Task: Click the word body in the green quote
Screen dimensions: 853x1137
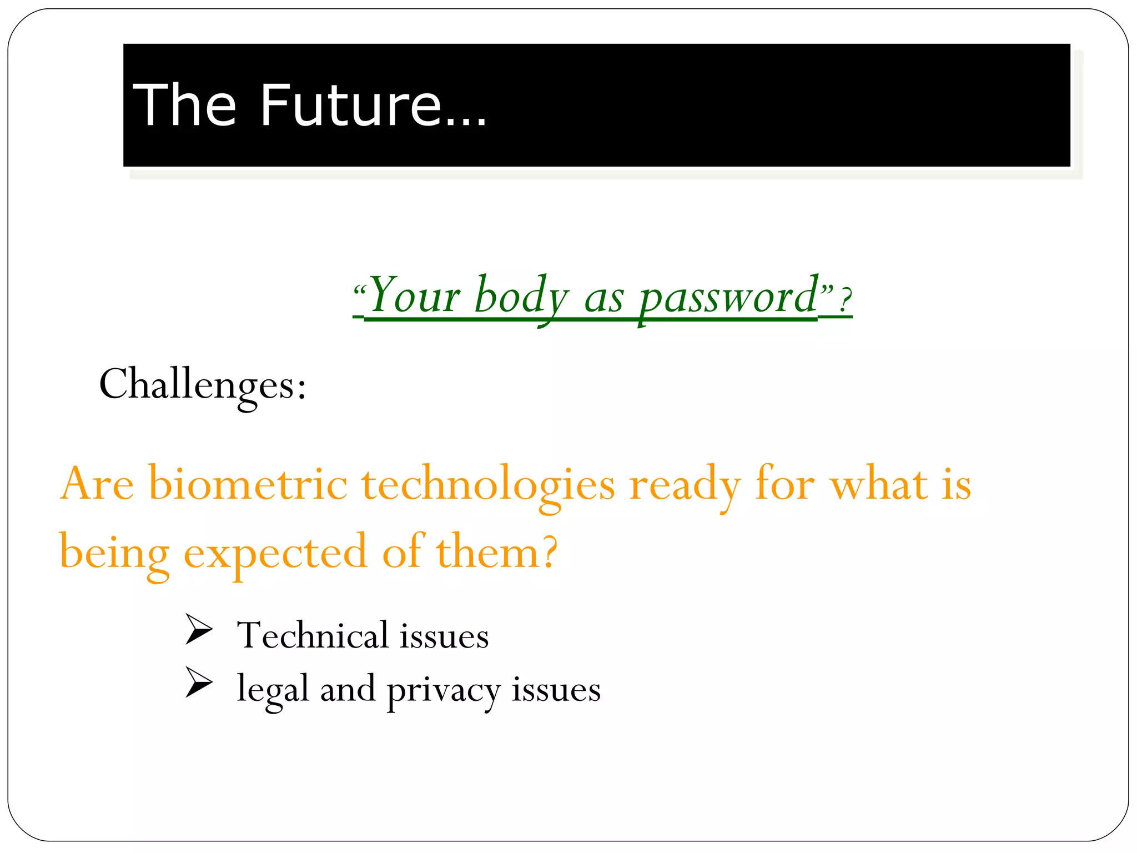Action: (x=522, y=296)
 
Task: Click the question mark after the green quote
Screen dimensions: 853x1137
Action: (x=844, y=300)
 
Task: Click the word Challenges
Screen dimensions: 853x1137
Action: (x=202, y=385)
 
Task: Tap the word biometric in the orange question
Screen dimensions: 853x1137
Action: (x=248, y=484)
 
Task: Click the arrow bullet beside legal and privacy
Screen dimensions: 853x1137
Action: (x=199, y=683)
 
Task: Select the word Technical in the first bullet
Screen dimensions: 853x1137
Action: (x=312, y=635)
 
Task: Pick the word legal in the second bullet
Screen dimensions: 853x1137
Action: (x=272, y=690)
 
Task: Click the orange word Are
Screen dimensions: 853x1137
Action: (x=97, y=484)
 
